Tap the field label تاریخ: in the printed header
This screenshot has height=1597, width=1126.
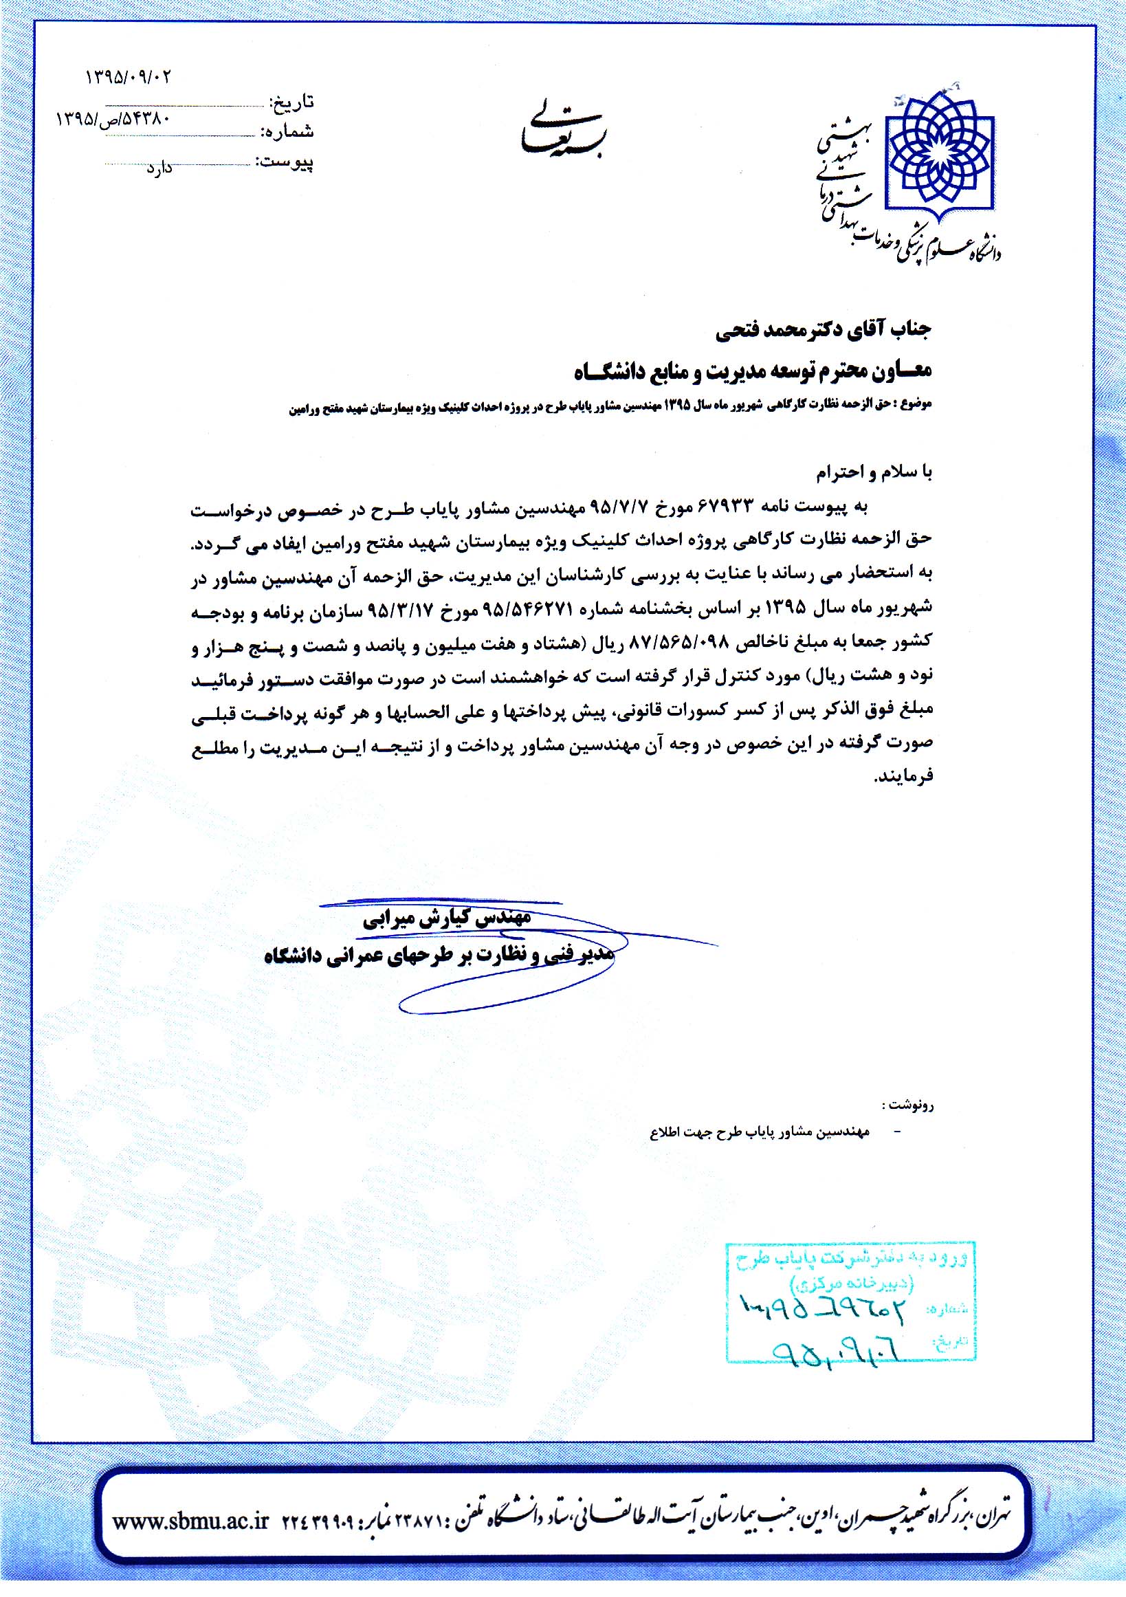tap(293, 103)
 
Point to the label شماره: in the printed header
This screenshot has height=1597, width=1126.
tap(287, 131)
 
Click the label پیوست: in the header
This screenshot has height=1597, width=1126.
tap(285, 162)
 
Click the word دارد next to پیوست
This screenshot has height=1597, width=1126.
tap(159, 168)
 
